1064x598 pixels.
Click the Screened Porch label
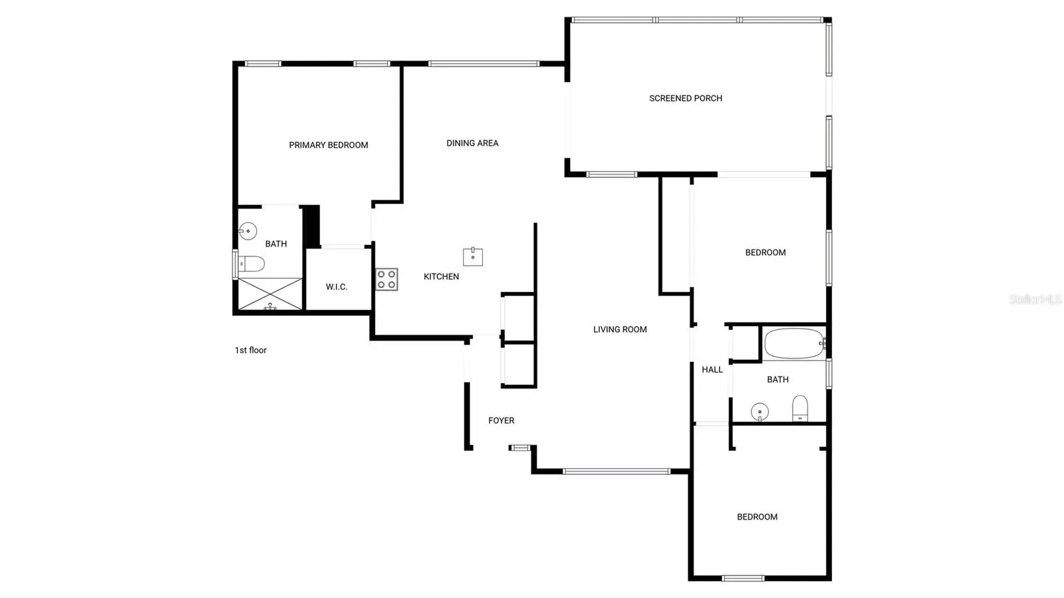tap(686, 98)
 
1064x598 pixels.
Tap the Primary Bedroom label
tap(329, 145)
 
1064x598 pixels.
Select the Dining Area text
tap(472, 143)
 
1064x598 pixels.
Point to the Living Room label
tap(620, 329)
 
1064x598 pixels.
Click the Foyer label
tap(501, 420)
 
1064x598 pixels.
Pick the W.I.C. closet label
tap(336, 287)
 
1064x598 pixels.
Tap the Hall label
tap(712, 370)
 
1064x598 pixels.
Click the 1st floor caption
tap(250, 350)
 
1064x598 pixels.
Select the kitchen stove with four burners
tap(386, 279)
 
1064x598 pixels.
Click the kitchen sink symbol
tap(473, 257)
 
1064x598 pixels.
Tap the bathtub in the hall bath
tap(795, 343)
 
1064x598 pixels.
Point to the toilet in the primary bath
tap(251, 263)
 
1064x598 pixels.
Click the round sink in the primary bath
tap(247, 231)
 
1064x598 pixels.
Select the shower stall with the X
tap(270, 294)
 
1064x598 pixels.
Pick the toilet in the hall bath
tap(800, 408)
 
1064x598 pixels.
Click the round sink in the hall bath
tap(759, 412)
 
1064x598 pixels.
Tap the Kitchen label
tap(442, 277)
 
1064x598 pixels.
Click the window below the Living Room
tap(616, 472)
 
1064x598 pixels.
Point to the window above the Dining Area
tap(483, 64)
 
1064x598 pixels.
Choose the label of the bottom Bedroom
tap(757, 517)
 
